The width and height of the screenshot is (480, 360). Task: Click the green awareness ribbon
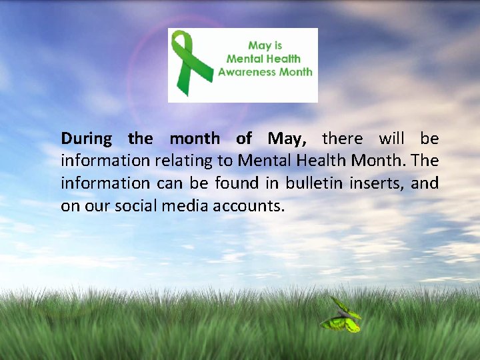[188, 63]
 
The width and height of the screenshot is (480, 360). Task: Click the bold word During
[87, 139]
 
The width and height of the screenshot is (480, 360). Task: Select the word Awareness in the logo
[246, 71]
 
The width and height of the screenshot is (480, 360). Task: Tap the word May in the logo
[257, 46]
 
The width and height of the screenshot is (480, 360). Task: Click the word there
[342, 139]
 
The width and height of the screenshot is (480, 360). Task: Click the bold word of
[244, 139]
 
